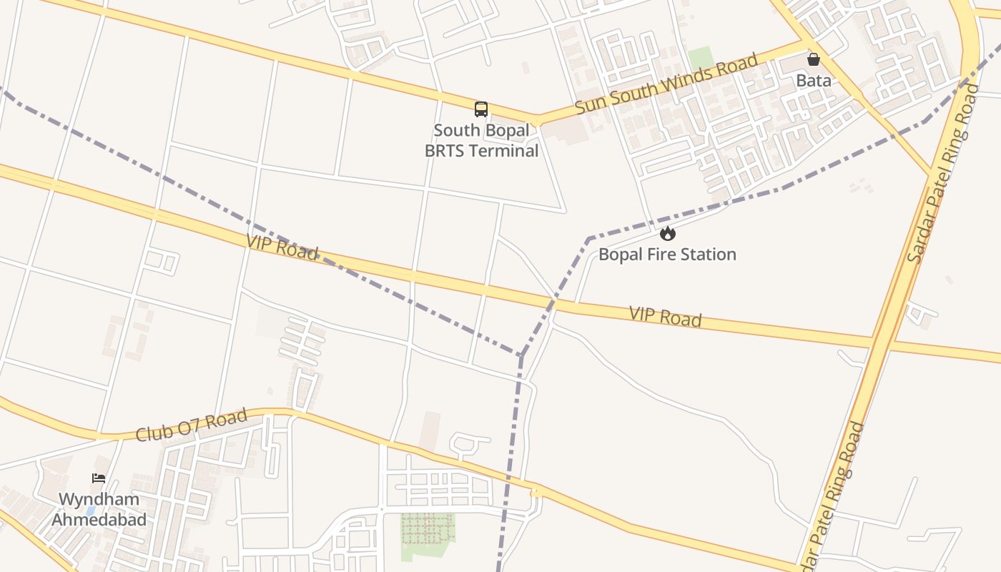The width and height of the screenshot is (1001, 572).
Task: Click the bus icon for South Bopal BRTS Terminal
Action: pyautogui.click(x=481, y=109)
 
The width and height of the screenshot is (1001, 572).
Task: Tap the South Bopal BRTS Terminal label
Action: pyautogui.click(x=482, y=141)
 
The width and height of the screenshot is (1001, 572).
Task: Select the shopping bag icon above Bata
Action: pyautogui.click(x=814, y=59)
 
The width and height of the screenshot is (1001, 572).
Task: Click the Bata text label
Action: pyautogui.click(x=814, y=80)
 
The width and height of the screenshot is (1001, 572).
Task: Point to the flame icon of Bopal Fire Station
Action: pyautogui.click(x=667, y=233)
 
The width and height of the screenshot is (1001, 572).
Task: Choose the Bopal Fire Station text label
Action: pyautogui.click(x=667, y=255)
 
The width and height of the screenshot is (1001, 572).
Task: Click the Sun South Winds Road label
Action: pyautogui.click(x=666, y=83)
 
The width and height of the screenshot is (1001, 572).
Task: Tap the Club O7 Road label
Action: pyautogui.click(x=192, y=424)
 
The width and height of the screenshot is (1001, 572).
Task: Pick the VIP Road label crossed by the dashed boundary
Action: pyautogui.click(x=282, y=247)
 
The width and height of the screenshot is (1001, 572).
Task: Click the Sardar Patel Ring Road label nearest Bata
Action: pyautogui.click(x=943, y=173)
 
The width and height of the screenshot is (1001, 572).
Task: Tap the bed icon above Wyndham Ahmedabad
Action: pyautogui.click(x=99, y=478)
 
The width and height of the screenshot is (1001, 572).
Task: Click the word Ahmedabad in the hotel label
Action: pyautogui.click(x=99, y=520)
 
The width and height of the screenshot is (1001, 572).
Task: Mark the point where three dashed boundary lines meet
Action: pyautogui.click(x=522, y=355)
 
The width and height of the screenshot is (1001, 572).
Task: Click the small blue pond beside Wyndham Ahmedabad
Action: pyautogui.click(x=90, y=511)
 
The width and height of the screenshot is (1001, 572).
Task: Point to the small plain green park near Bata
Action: pyautogui.click(x=701, y=58)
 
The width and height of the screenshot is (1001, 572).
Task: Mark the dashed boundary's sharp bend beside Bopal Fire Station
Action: pyautogui.click(x=588, y=238)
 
